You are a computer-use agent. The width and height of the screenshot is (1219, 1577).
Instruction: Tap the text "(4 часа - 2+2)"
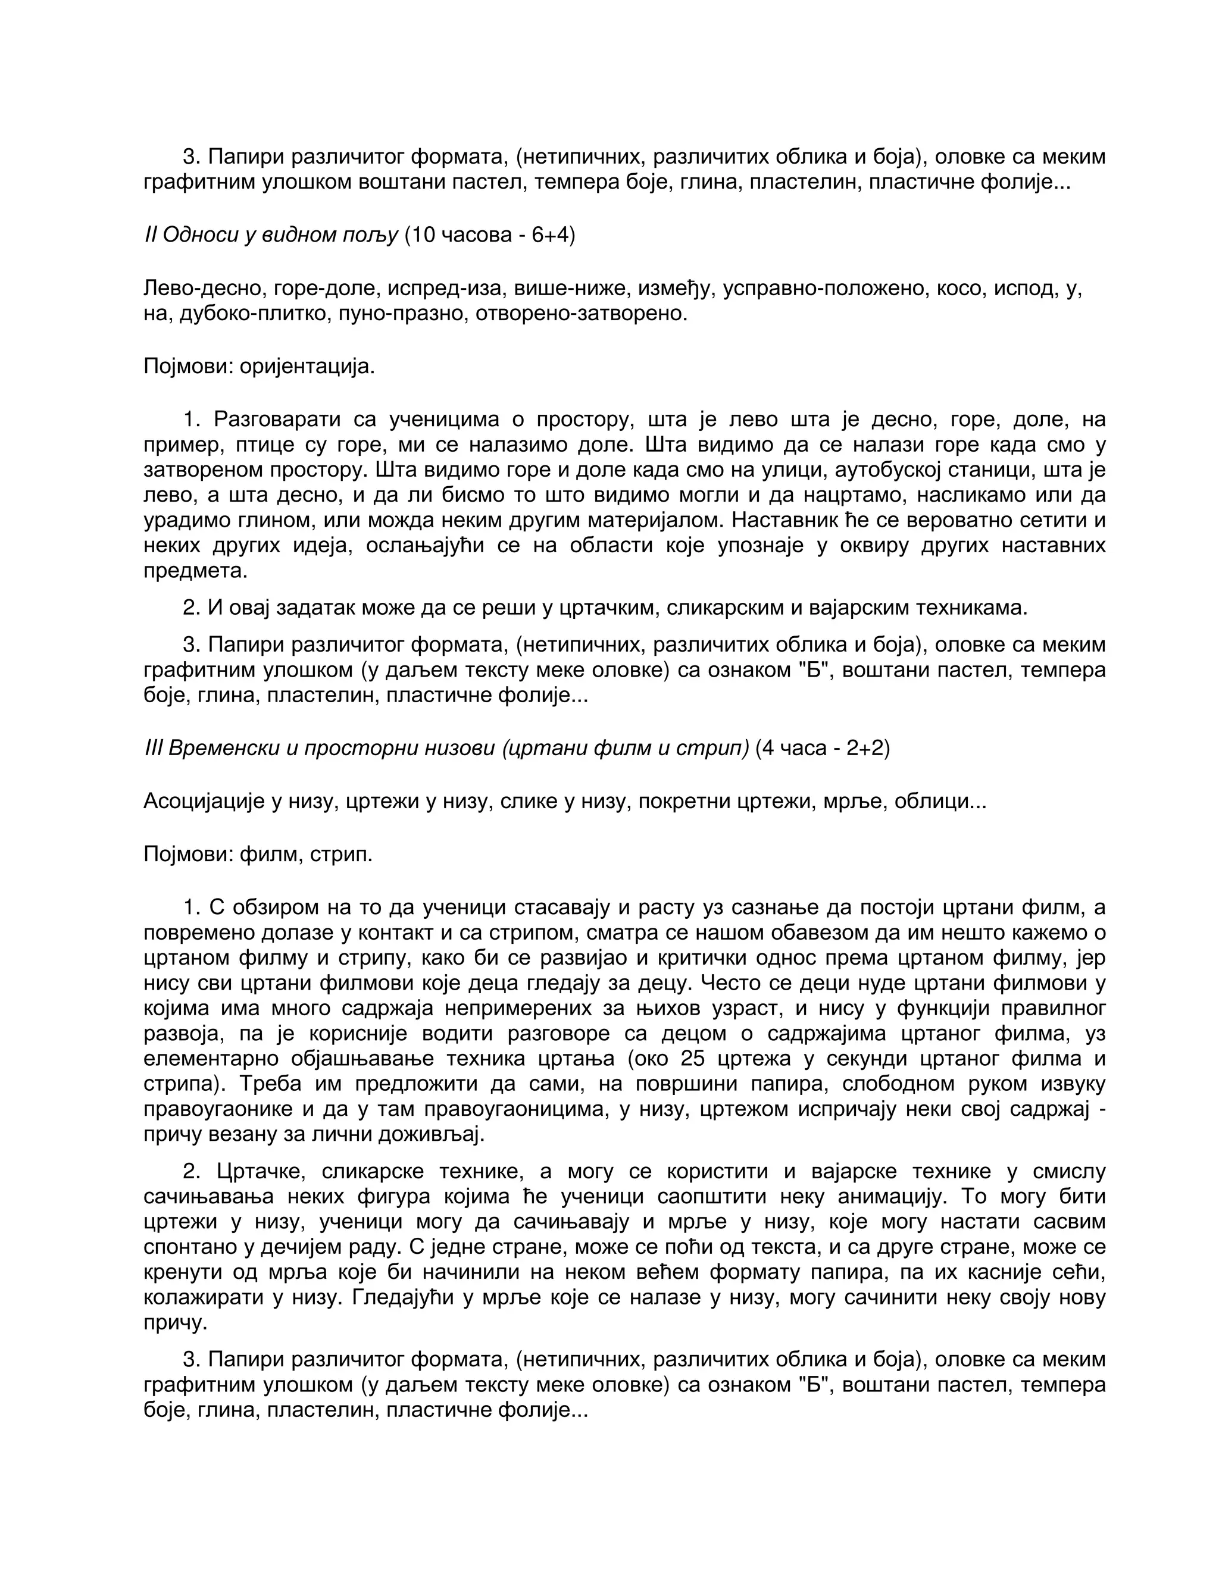pyautogui.click(x=823, y=747)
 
